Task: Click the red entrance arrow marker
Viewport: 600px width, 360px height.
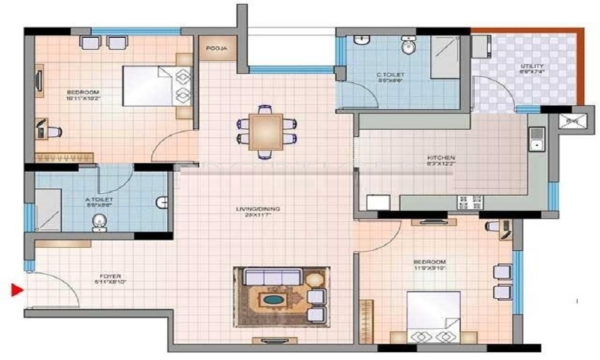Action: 17,291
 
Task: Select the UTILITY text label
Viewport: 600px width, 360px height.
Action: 532,66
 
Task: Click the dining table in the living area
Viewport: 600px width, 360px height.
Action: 266,131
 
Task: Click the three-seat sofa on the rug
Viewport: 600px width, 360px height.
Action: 272,277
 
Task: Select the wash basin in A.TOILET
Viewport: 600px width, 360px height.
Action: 99,223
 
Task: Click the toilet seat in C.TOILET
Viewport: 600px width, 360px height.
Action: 409,47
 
